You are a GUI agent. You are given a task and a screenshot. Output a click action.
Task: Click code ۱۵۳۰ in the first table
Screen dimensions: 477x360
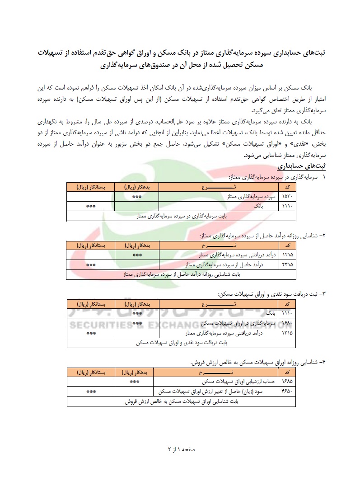[x=287, y=197]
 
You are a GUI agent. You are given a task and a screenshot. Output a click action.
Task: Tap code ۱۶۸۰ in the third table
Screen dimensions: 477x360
[x=287, y=323]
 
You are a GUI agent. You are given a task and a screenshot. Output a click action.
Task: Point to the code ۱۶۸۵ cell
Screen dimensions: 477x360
[x=287, y=381]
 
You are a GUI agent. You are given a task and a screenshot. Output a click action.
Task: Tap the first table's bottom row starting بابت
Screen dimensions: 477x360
[x=182, y=216]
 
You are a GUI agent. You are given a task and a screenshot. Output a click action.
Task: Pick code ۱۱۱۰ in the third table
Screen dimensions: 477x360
[x=287, y=313]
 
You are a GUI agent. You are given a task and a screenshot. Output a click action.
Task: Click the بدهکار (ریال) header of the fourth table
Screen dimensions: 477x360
[x=137, y=372]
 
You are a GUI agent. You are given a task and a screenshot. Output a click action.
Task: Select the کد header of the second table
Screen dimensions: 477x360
[x=287, y=245]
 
